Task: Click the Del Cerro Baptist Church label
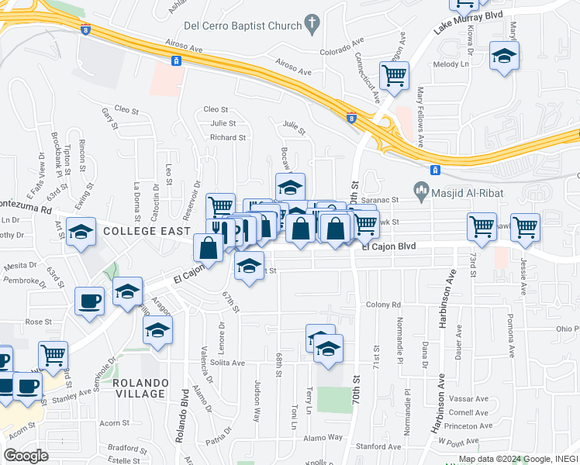(246, 26)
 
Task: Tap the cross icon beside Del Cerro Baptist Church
(312, 23)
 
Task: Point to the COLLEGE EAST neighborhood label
(147, 231)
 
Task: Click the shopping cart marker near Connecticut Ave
(394, 76)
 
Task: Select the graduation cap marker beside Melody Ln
(504, 56)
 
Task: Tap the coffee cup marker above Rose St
(89, 300)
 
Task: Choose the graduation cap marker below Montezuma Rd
(81, 232)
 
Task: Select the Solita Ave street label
(227, 362)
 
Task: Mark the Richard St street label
(228, 137)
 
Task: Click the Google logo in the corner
(26, 455)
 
